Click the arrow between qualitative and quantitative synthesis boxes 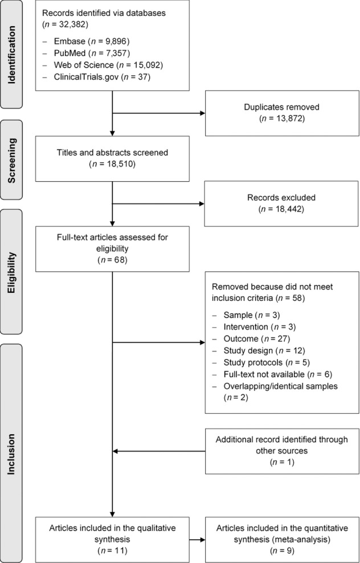point(197,537)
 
